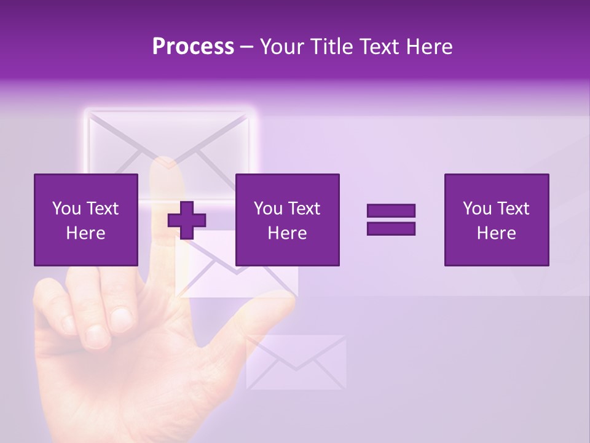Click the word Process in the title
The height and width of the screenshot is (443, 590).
pyautogui.click(x=193, y=47)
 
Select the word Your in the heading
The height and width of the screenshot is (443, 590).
pyautogui.click(x=283, y=47)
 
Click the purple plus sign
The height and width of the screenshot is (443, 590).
pyautogui.click(x=187, y=220)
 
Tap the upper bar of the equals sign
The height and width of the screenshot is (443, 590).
pyautogui.click(x=391, y=211)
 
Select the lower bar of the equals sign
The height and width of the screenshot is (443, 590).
pyautogui.click(x=391, y=228)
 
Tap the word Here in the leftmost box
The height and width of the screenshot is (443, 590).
pyautogui.click(x=86, y=233)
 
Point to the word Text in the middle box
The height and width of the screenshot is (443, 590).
pyautogui.click(x=304, y=209)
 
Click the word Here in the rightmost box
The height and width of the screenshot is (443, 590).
pyautogui.click(x=497, y=233)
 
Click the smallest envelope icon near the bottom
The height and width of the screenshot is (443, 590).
pyautogui.click(x=296, y=362)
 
